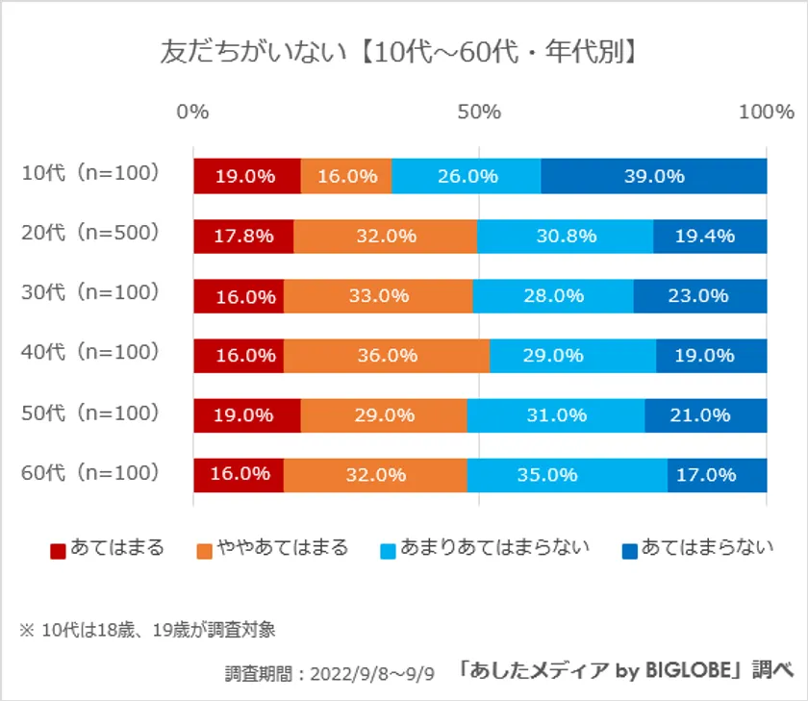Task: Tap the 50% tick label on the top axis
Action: click(479, 112)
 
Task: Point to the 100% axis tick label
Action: click(766, 112)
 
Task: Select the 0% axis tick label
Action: click(193, 112)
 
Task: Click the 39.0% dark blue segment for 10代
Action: click(654, 176)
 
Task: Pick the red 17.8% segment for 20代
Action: click(243, 237)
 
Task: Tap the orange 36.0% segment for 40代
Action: click(387, 356)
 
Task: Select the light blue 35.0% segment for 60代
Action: click(568, 475)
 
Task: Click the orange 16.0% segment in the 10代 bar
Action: click(346, 176)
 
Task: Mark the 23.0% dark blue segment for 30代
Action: click(699, 296)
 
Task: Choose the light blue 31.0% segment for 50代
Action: click(556, 415)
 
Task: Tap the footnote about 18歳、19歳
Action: click(148, 631)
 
